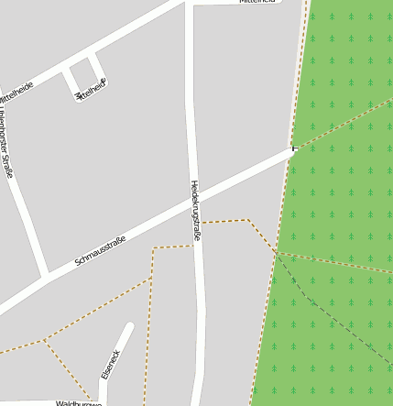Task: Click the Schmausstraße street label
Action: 99,250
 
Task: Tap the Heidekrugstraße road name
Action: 195,212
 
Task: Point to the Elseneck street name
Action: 110,364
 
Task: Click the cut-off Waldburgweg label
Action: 79,402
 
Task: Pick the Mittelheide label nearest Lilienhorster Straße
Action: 16,91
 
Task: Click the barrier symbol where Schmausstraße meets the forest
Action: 294,148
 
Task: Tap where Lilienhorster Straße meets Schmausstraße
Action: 44,276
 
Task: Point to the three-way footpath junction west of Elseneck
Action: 45,340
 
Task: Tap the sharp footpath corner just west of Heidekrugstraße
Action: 154,247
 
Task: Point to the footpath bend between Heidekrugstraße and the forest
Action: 247,220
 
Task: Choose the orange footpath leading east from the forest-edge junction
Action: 339,263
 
